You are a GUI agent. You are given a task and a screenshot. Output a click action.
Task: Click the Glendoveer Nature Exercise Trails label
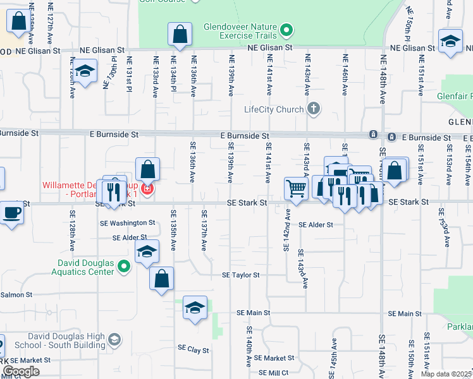coord(240,32)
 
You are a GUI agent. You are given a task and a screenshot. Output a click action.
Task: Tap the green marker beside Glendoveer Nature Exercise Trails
coord(286,30)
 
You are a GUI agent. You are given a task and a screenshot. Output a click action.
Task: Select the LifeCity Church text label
coord(274,109)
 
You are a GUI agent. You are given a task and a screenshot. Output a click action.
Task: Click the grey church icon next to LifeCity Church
coord(313,109)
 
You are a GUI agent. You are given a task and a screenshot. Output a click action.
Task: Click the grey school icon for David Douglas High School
coord(114,340)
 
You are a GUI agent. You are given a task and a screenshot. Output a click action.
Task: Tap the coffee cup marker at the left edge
coord(12,212)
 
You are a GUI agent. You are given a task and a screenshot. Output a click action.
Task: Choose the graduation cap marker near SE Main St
coord(195,308)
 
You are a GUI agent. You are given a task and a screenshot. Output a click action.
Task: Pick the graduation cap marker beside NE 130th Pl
coord(84,71)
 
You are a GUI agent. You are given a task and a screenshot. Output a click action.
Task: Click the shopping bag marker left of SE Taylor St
coord(161,278)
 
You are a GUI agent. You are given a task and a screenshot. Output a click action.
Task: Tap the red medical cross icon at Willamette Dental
coord(147,189)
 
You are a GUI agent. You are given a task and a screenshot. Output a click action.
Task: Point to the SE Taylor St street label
coord(240,275)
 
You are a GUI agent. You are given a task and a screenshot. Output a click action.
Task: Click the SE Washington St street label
coord(127,223)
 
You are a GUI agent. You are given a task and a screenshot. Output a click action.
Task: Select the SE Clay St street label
coord(193,348)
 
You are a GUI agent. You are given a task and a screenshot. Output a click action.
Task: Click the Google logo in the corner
coord(21,371)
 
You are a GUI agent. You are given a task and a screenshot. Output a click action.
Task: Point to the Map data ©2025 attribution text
coord(446,374)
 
